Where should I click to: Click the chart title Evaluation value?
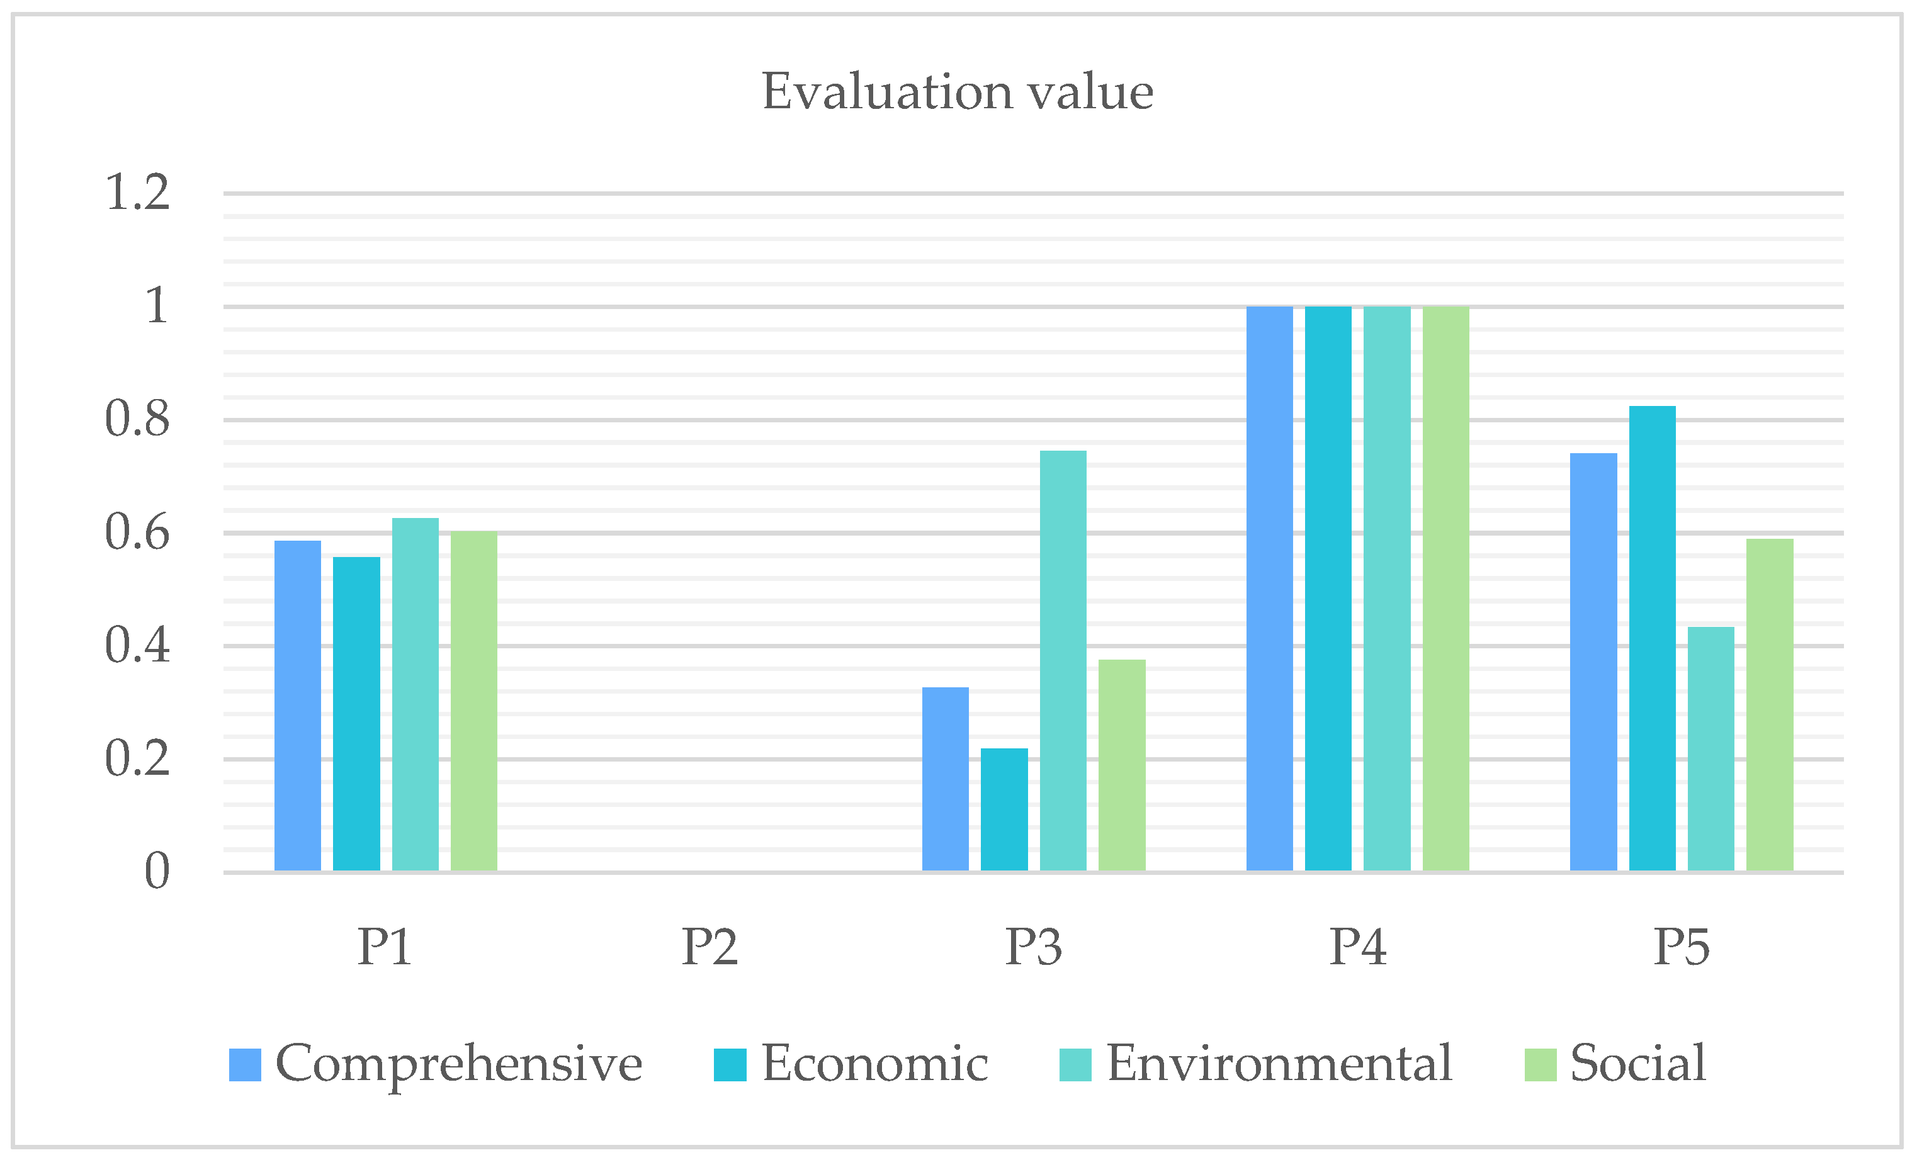tap(957, 92)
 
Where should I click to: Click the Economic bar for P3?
tap(1004, 809)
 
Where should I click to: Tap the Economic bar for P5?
tap(1652, 638)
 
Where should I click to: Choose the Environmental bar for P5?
tap(1711, 748)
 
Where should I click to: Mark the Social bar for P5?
tap(1770, 704)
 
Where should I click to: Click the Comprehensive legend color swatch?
tap(244, 1064)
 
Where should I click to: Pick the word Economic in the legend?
tap(874, 1062)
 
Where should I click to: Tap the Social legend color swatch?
tap(1541, 1064)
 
